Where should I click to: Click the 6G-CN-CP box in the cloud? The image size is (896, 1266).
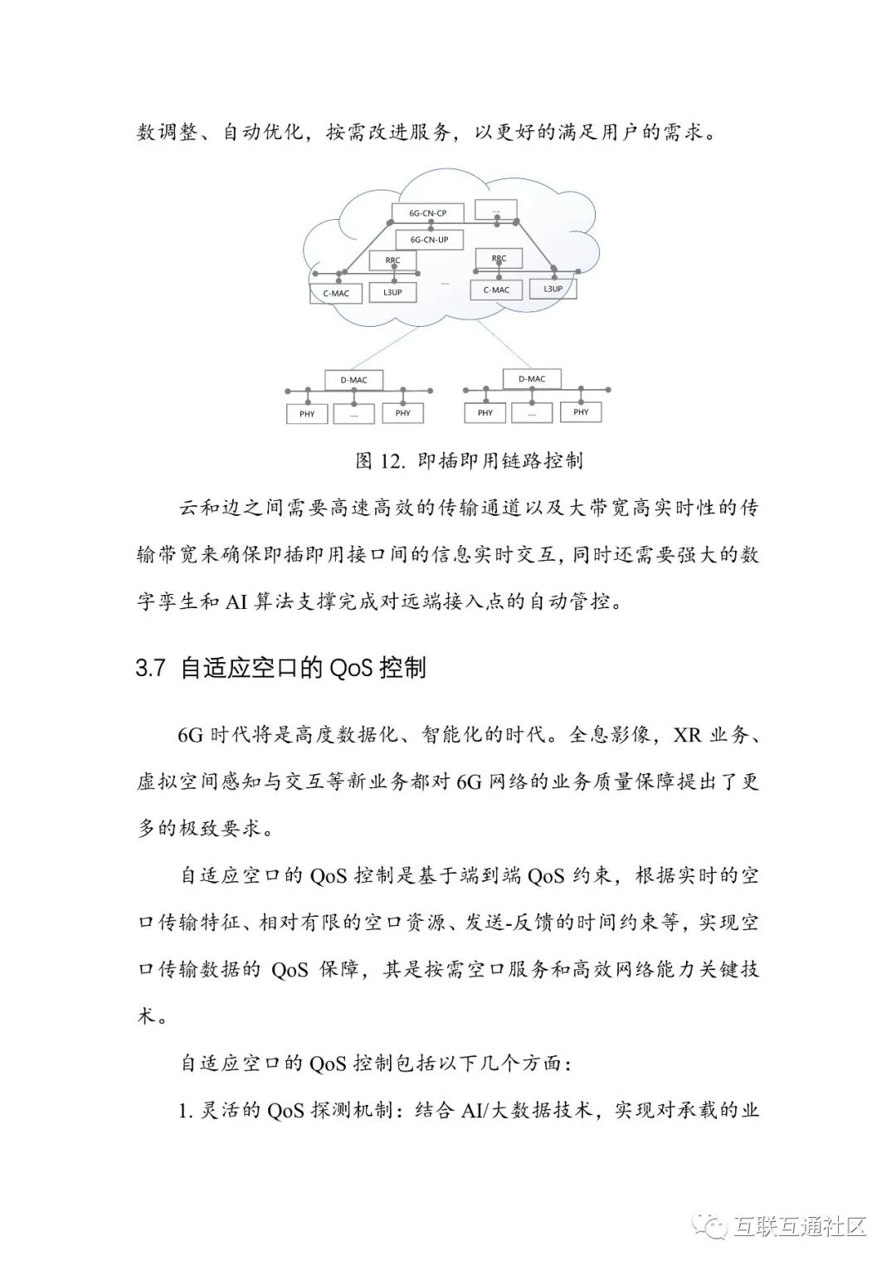[x=427, y=213]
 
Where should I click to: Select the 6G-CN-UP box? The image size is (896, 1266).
[x=428, y=240]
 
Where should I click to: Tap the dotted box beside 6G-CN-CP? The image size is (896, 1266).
[x=496, y=210]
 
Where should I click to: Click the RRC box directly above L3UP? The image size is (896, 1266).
[x=392, y=261]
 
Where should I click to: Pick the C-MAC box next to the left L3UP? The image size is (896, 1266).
[x=336, y=293]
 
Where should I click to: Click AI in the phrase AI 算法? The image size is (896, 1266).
[x=237, y=601]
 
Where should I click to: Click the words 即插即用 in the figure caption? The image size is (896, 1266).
[x=459, y=461]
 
